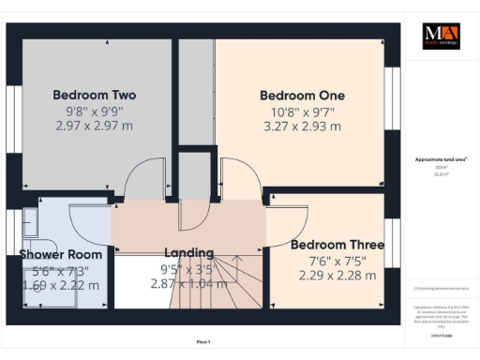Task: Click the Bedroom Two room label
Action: tap(94, 95)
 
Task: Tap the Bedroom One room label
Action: tap(302, 95)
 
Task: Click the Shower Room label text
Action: tap(60, 254)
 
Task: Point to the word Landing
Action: tap(188, 252)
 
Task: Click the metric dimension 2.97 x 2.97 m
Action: tap(94, 125)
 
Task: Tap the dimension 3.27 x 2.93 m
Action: tap(302, 125)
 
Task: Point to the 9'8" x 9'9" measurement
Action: tap(94, 110)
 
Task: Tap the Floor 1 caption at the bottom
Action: tap(203, 342)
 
